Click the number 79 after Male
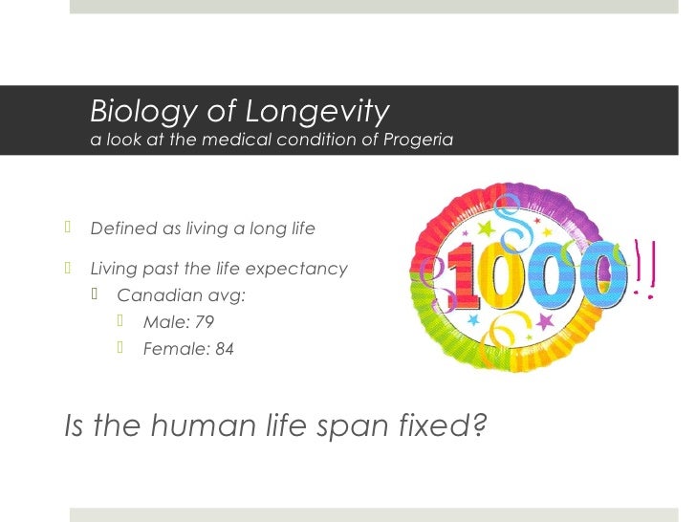(204, 322)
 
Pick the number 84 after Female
(224, 349)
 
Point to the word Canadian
(154, 295)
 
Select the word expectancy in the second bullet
(302, 269)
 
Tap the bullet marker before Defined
(69, 228)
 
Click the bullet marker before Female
(121, 348)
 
